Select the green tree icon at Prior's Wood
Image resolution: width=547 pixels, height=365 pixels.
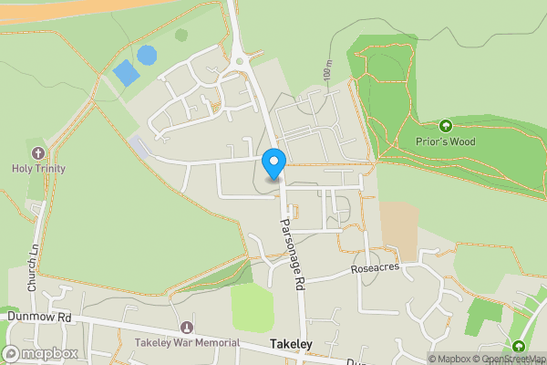pos(446,126)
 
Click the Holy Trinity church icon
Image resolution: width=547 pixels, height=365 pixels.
pos(37,152)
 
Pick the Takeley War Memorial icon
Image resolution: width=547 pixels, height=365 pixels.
pos(188,327)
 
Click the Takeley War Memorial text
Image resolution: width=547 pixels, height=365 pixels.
pos(187,342)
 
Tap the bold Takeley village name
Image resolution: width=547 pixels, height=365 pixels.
pos(292,344)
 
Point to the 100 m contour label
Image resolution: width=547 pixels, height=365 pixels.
pos(327,70)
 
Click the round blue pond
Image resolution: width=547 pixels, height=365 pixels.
pos(146,55)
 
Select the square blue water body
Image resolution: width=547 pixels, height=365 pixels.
pos(123,72)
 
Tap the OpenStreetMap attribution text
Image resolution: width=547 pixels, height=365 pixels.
pos(514,359)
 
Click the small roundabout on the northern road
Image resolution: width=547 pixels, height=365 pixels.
pos(241,60)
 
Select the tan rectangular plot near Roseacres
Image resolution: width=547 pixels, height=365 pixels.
pos(398,225)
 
